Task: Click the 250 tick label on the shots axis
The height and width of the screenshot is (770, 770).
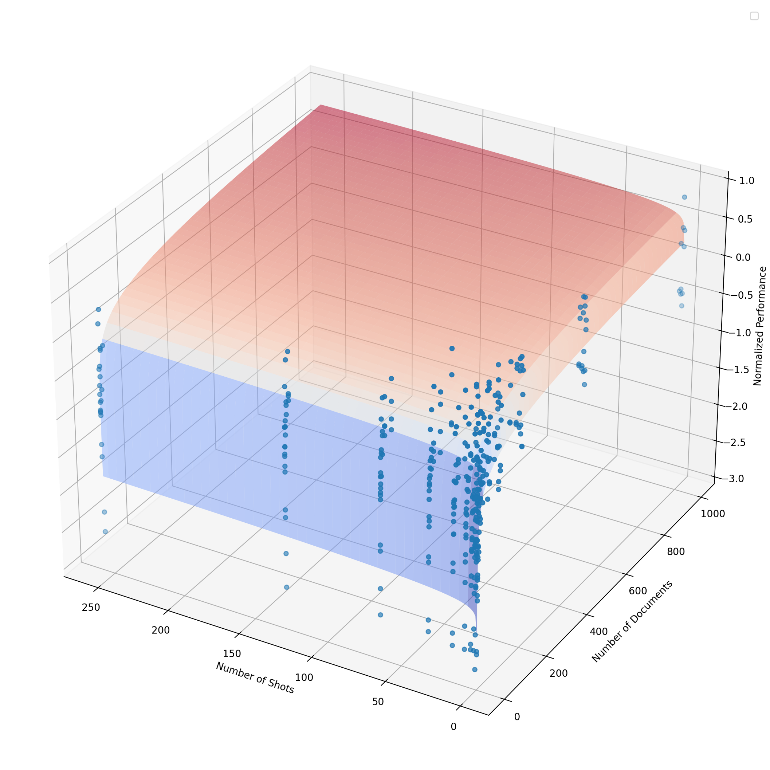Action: (x=91, y=607)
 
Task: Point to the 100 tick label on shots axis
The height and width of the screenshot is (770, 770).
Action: (x=304, y=678)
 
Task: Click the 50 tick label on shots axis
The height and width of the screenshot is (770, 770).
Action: (x=378, y=702)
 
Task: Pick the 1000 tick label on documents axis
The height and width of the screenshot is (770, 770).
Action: (x=713, y=514)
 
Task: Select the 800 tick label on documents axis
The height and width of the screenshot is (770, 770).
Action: (x=676, y=552)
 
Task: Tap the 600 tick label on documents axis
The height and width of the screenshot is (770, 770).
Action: (x=638, y=591)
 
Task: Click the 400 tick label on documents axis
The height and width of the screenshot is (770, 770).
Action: (x=599, y=632)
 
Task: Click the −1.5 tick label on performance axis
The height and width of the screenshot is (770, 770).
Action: (x=739, y=370)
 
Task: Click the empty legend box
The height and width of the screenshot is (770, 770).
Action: (x=754, y=16)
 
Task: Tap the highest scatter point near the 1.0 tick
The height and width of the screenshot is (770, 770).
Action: (x=684, y=197)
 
